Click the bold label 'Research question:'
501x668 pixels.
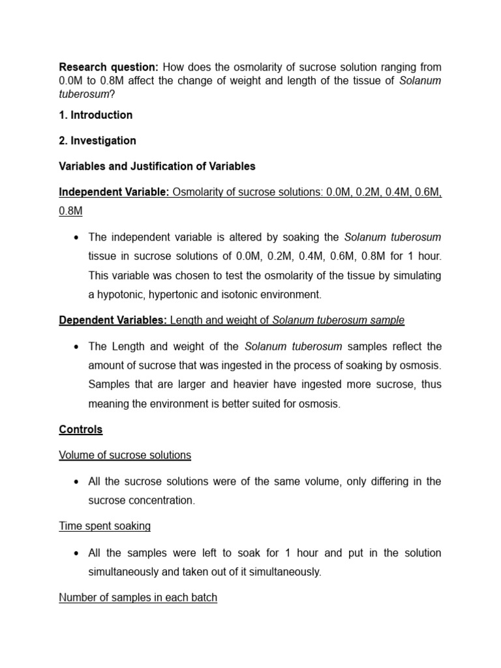coord(108,67)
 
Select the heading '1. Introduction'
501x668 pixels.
coord(96,115)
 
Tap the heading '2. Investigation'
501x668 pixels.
coord(98,140)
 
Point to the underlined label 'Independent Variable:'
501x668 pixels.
coord(114,192)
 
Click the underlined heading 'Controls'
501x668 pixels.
coord(81,429)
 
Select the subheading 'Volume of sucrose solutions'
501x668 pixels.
coord(125,455)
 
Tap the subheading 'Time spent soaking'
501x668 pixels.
coord(104,526)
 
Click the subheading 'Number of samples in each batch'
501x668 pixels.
coord(138,597)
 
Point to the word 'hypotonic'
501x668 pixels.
coord(121,294)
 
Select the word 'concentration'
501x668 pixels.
coord(161,500)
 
